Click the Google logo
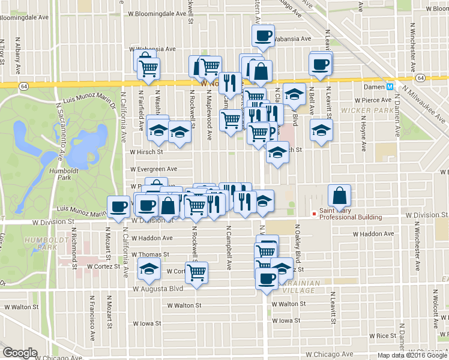20,353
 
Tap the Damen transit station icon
390,86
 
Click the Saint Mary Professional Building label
351,214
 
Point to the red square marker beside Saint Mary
313,214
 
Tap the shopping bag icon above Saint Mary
339,195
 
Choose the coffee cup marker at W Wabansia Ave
262,36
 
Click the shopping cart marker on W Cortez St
196,273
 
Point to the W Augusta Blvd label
158,289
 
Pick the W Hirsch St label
147,152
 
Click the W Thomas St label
150,254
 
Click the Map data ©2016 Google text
411,355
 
